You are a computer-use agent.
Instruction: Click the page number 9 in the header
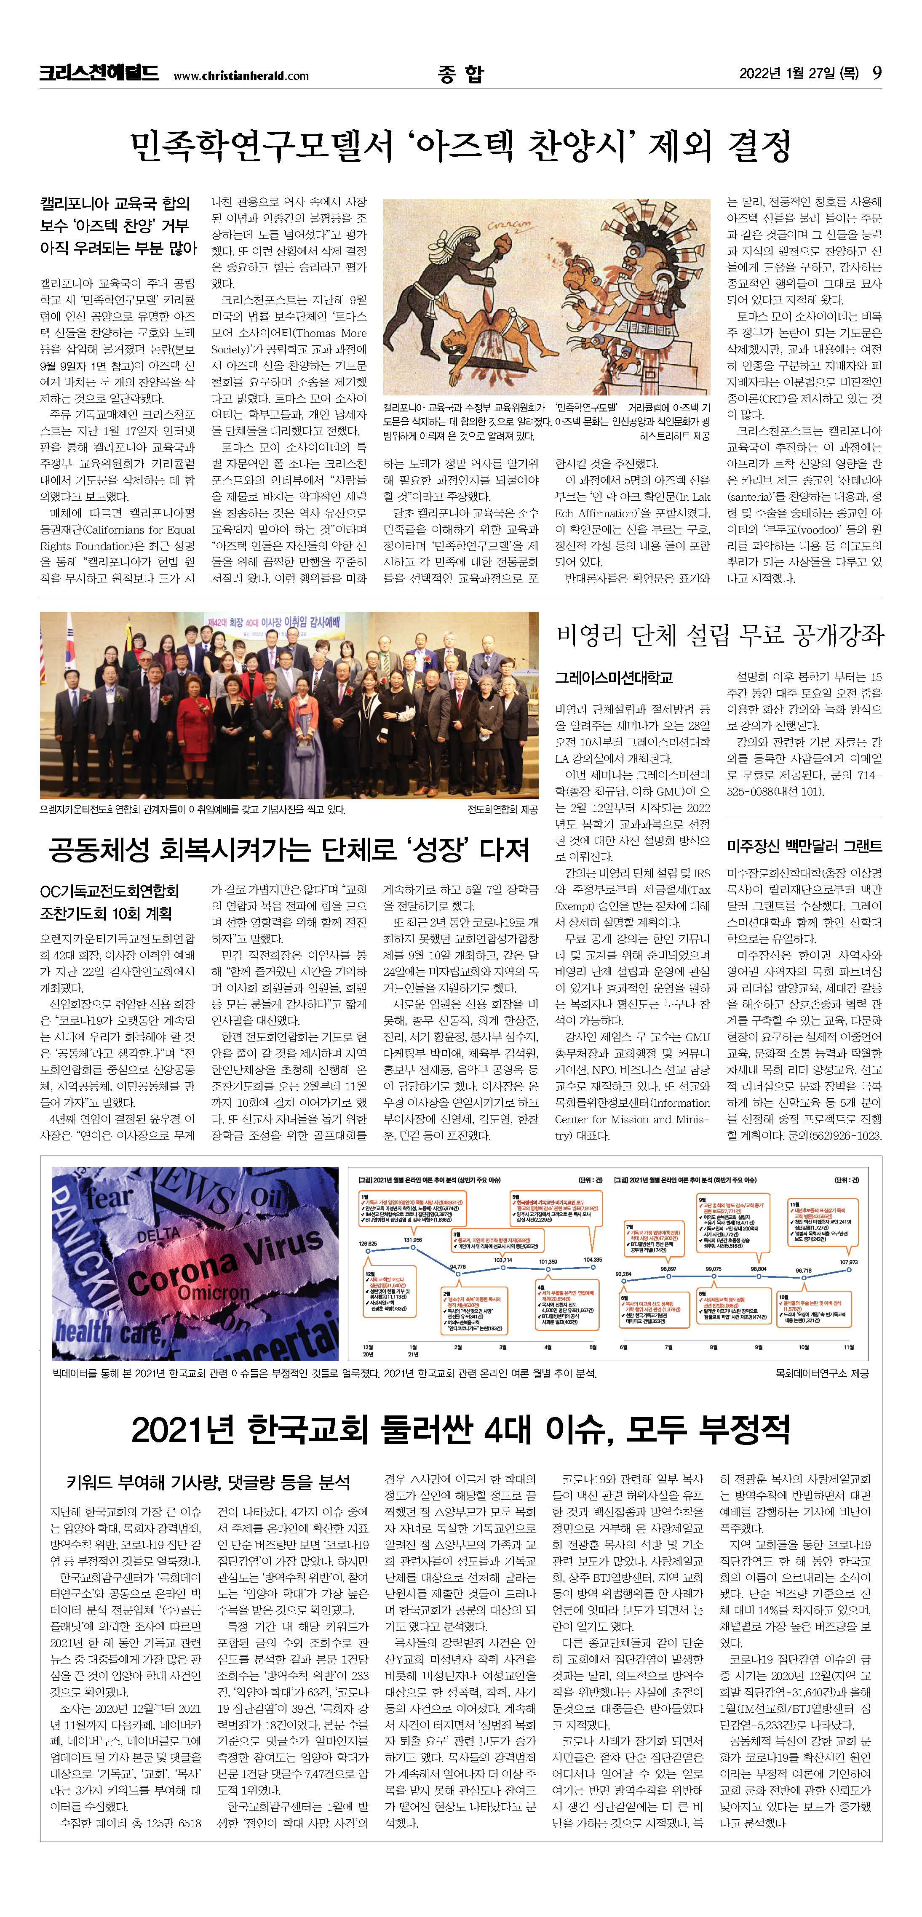877,73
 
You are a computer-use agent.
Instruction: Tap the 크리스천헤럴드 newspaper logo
99,73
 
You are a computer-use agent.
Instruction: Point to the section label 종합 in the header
461,73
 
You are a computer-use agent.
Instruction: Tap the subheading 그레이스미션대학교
614,677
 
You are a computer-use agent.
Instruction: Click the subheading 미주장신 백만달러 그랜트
804,846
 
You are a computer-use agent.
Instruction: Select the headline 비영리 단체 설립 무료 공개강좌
719,635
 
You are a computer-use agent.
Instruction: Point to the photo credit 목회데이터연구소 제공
821,1373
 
